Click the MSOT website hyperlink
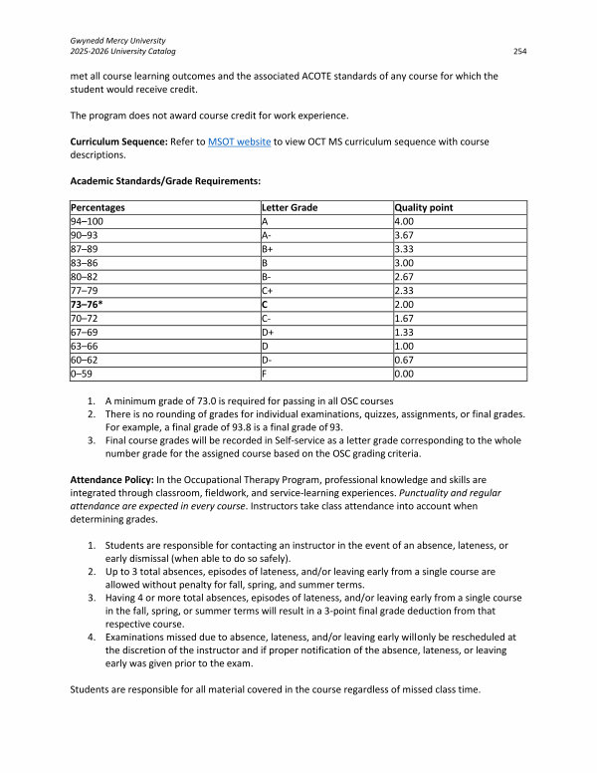pos(239,142)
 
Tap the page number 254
pos(518,51)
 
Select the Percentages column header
pos(98,207)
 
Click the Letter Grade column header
pos(289,207)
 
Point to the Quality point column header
pos(424,207)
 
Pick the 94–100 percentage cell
pos(87,220)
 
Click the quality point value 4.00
pos(404,220)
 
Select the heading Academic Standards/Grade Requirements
pos(163,181)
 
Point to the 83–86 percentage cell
pos(85,262)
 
